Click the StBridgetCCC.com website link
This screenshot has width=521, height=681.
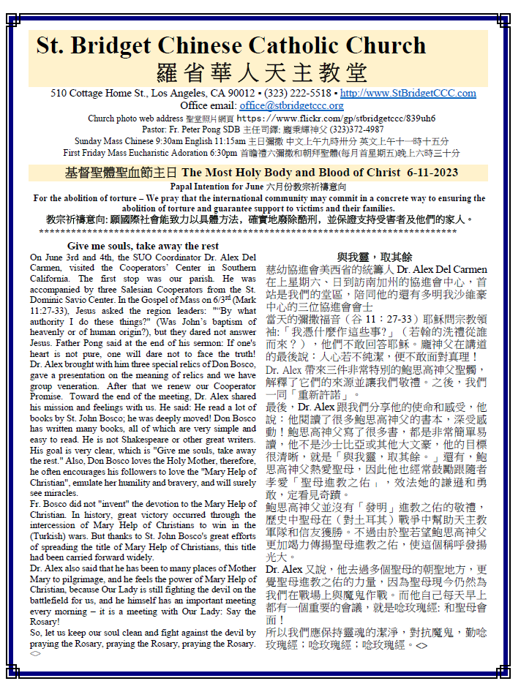[408, 94]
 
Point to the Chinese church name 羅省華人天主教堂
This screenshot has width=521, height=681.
[262, 73]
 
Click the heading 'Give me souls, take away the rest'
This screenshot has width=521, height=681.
[143, 247]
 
